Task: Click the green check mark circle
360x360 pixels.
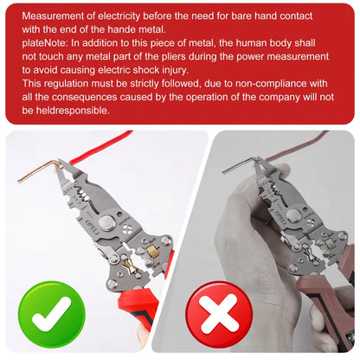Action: click(x=52, y=314)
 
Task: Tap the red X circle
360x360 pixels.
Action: click(x=219, y=314)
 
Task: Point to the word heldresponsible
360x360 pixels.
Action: click(x=73, y=111)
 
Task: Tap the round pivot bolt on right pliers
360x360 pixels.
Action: click(x=294, y=216)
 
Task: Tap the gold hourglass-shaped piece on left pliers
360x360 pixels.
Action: click(x=129, y=267)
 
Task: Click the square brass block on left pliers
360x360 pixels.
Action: click(x=152, y=251)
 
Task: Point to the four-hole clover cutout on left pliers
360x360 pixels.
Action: click(x=127, y=230)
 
